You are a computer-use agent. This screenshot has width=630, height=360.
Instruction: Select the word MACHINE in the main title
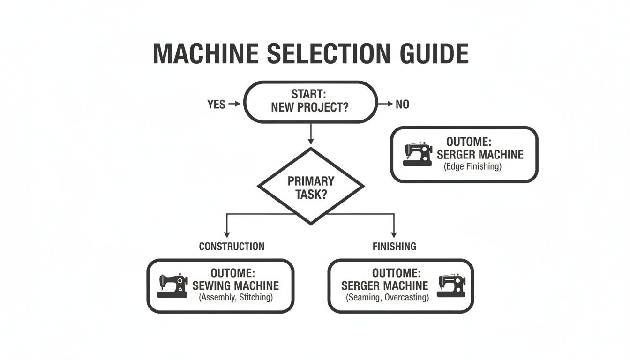[205, 53]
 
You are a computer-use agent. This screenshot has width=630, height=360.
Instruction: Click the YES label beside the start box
[216, 105]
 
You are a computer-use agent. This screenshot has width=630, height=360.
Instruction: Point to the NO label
[402, 105]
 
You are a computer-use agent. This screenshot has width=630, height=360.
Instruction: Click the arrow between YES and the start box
[234, 105]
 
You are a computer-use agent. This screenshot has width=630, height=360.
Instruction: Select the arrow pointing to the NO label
[385, 105]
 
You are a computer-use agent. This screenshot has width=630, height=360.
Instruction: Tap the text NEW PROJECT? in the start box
[309, 107]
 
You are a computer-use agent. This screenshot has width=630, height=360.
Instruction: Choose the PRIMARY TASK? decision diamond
[311, 187]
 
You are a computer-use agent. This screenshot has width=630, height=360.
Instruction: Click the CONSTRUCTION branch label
[232, 247]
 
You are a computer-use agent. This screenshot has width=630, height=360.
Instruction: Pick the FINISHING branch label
[394, 247]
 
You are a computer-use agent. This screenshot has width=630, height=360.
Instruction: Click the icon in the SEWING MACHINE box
[172, 286]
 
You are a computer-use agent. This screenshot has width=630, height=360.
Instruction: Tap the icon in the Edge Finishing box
[417, 155]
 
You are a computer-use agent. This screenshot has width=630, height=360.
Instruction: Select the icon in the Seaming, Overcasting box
[451, 285]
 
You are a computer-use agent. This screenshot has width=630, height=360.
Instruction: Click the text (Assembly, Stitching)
[235, 297]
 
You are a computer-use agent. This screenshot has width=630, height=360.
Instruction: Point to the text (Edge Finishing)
[472, 166]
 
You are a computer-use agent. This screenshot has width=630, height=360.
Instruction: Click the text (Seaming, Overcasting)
[387, 297]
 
